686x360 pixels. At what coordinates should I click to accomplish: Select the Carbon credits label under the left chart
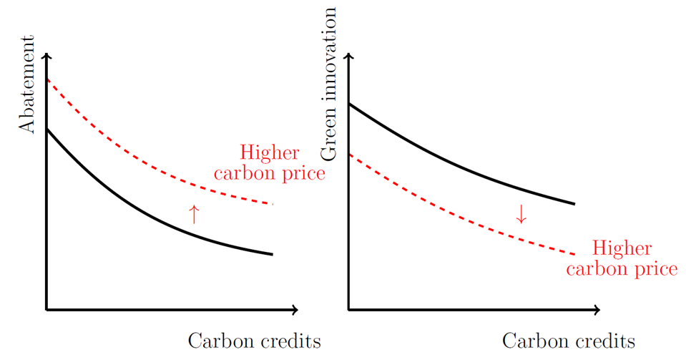click(254, 341)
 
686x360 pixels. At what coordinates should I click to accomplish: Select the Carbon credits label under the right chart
click(569, 341)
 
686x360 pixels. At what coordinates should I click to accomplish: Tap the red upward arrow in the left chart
click(193, 214)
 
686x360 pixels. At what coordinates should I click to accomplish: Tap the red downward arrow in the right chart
click(521, 214)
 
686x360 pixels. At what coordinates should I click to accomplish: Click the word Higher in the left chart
click(270, 153)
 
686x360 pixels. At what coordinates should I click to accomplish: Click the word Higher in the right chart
click(622, 249)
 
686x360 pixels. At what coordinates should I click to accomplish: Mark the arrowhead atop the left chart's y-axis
click(47, 57)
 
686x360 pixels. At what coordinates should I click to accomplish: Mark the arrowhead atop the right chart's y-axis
click(349, 57)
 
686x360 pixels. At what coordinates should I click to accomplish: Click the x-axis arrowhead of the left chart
click(294, 309)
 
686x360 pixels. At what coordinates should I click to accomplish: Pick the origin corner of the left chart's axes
click(47, 309)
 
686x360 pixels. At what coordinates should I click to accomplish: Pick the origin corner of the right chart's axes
click(349, 309)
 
